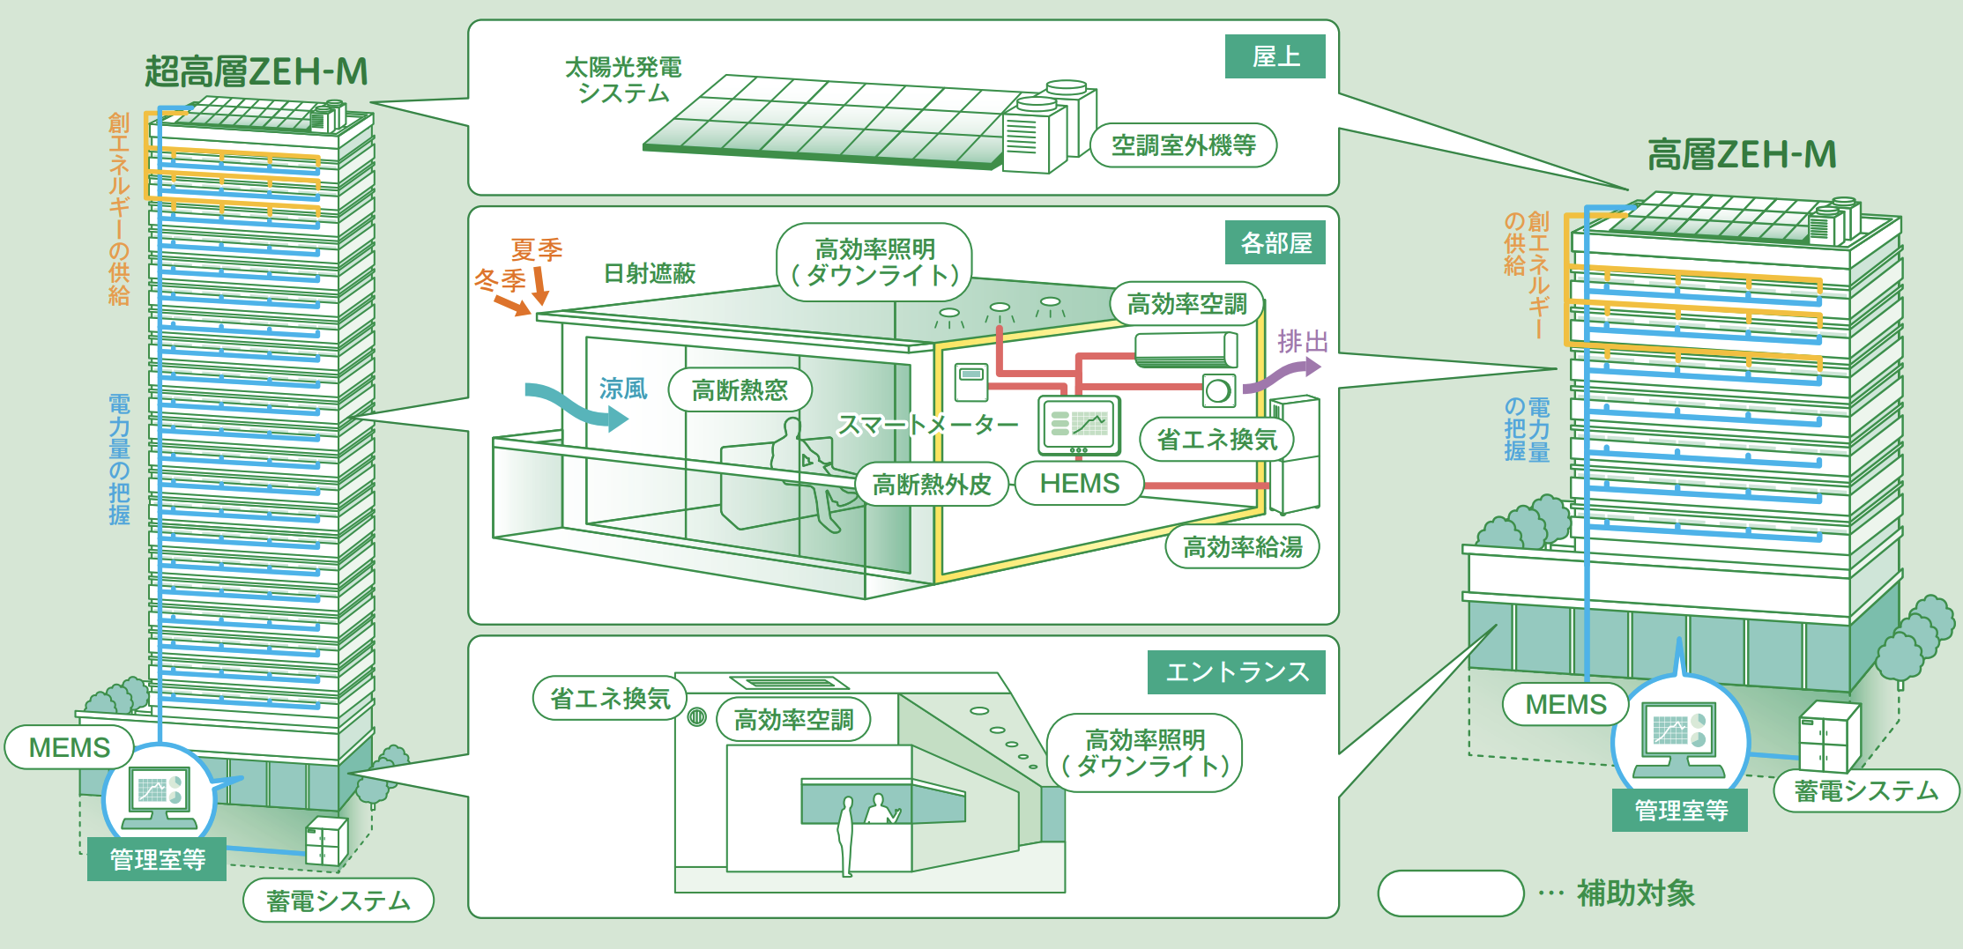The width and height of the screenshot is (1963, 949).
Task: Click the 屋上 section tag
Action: (1275, 56)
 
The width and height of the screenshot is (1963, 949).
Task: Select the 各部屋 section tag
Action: (1275, 242)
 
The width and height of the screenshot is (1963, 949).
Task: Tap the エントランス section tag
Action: (1236, 672)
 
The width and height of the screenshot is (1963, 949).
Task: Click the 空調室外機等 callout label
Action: (1183, 145)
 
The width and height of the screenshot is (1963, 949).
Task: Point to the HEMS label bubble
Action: (1079, 484)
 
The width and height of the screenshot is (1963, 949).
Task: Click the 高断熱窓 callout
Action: (740, 389)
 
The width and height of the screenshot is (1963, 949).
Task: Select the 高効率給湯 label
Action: (1242, 547)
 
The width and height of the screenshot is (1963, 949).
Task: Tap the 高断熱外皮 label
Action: (931, 484)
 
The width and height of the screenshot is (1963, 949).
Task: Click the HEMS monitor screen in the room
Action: (1079, 424)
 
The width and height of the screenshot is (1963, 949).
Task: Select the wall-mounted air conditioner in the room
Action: (1186, 350)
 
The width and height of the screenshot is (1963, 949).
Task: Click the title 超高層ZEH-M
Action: (256, 71)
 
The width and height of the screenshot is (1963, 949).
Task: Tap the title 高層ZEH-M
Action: (1742, 155)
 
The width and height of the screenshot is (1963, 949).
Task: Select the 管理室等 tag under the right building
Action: (1680, 811)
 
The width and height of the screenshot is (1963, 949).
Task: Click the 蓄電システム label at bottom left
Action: (338, 901)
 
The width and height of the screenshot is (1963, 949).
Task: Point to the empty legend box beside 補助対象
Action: (1450, 893)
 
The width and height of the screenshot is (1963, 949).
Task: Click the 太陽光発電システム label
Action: (622, 79)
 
